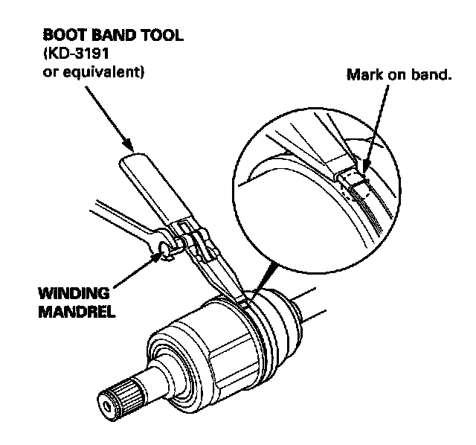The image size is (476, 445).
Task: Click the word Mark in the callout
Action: (363, 76)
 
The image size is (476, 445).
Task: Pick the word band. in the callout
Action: (432, 76)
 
